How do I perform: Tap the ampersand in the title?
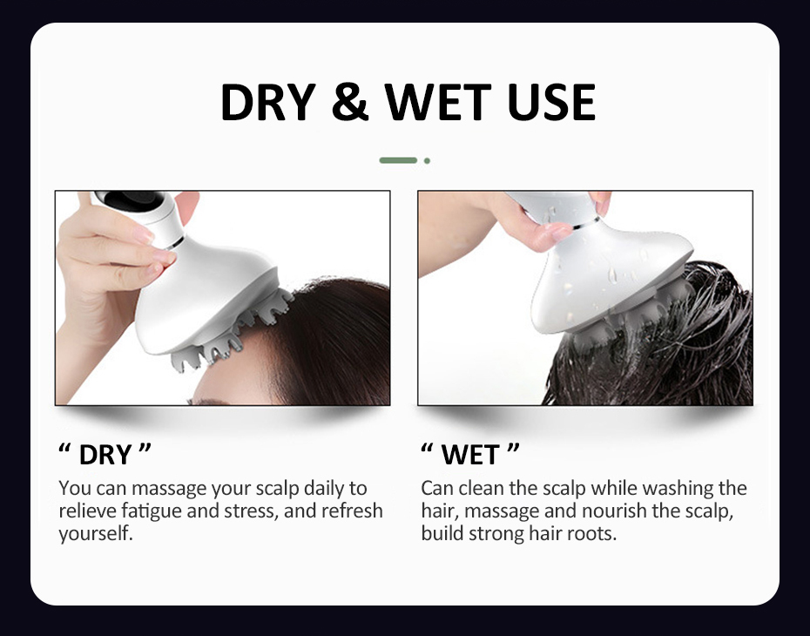[351, 102]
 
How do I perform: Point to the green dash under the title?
[398, 160]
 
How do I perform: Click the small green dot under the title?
[427, 160]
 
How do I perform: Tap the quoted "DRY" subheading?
[105, 454]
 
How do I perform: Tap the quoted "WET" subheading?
[470, 454]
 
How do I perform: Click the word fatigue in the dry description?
[152, 511]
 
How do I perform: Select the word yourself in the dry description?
[96, 533]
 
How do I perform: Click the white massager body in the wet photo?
[610, 279]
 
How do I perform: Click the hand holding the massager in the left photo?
[105, 261]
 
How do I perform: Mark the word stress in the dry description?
[250, 511]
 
